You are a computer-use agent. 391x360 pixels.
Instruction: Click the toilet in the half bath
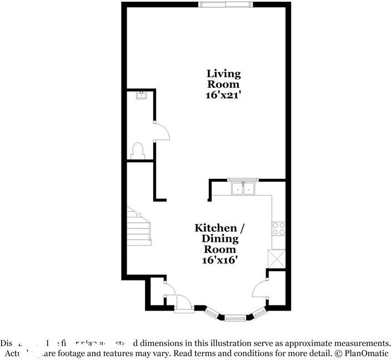click(x=137, y=151)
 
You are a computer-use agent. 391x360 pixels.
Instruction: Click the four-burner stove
click(x=278, y=228)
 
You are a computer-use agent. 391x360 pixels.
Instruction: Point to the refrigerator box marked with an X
click(x=277, y=259)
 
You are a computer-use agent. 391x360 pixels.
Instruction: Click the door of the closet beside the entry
click(x=168, y=289)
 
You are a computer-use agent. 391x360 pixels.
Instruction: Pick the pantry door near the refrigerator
click(x=260, y=291)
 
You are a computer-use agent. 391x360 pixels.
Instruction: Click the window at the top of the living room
click(x=225, y=5)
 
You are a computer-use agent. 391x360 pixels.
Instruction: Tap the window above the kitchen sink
click(x=241, y=180)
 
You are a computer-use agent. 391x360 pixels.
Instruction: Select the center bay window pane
click(x=234, y=317)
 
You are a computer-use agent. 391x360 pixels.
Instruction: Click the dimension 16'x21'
click(x=223, y=95)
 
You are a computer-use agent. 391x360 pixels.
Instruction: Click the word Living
click(x=223, y=73)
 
